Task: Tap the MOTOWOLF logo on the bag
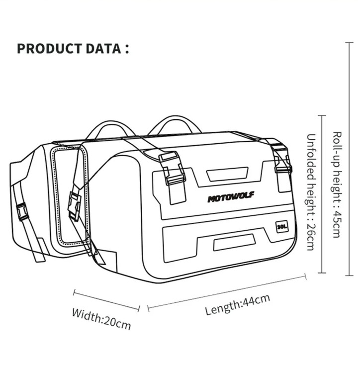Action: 231,197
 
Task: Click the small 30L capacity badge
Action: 281,226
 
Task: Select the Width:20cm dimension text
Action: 101,319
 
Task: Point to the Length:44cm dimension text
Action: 238,304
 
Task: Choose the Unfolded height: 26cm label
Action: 311,191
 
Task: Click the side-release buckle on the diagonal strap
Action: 75,205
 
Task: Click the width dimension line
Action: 106,300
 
